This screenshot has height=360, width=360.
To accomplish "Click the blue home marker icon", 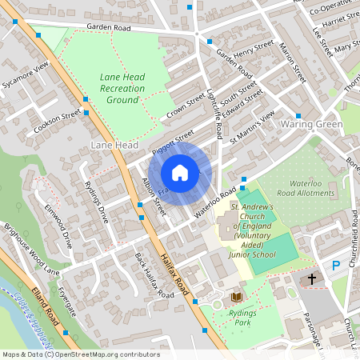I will [x=180, y=173].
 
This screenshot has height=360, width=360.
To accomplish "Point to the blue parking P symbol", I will [x=336, y=265].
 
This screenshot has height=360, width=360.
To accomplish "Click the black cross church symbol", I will [x=310, y=280].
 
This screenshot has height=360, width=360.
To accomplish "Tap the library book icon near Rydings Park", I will [x=236, y=297].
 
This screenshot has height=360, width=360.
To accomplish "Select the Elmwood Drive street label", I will [x=59, y=224].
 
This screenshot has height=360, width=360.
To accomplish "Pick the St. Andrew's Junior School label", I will [x=253, y=230].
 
